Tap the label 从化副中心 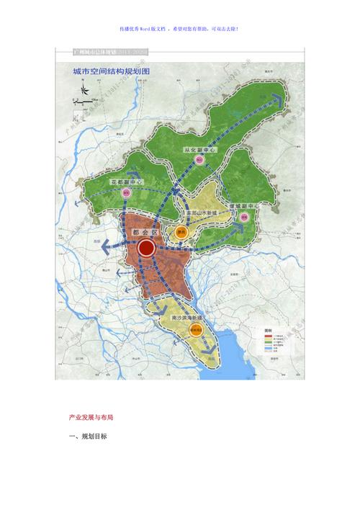(197, 149)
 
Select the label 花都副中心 (126, 182)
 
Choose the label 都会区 (147, 233)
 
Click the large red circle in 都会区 (146, 249)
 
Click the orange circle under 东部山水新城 (181, 232)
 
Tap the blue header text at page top (180, 29)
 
